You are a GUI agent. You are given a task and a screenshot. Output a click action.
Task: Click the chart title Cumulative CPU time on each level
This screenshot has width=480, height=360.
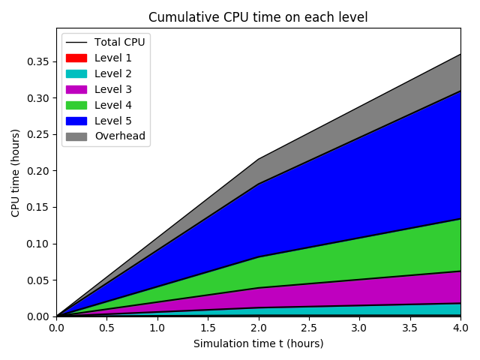(x=258, y=17)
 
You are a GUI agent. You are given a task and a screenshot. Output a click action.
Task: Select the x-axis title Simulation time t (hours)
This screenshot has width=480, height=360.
(x=258, y=343)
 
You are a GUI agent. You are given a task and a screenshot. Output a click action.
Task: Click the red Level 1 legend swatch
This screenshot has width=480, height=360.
(x=76, y=58)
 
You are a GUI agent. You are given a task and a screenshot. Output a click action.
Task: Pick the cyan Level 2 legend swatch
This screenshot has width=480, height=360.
(x=76, y=73)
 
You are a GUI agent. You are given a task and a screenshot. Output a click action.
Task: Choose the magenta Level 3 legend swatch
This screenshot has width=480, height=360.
(x=76, y=89)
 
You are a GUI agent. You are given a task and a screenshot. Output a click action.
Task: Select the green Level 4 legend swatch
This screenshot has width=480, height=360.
(x=76, y=105)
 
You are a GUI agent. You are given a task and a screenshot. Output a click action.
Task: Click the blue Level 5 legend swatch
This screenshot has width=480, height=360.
(x=76, y=121)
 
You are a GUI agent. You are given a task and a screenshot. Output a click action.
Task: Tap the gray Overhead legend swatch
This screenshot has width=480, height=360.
(x=76, y=136)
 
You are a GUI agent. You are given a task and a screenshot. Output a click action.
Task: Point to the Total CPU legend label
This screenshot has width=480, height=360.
(x=119, y=42)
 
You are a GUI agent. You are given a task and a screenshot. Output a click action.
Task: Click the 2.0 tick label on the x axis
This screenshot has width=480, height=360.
(x=258, y=328)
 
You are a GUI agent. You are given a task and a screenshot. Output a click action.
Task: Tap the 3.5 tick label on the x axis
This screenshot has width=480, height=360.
(x=409, y=328)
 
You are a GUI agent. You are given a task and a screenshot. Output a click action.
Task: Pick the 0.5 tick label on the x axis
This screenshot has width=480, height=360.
(x=106, y=328)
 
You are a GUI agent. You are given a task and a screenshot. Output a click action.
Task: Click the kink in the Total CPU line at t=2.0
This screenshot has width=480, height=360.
(x=258, y=159)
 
